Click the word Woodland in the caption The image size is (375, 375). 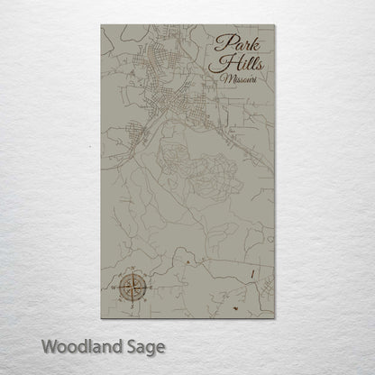tap(78, 345)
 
